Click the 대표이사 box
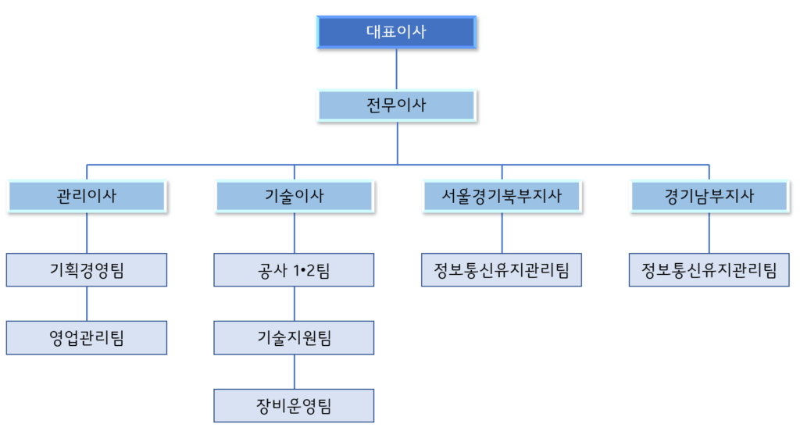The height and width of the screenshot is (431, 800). (x=396, y=32)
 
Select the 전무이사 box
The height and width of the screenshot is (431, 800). (x=396, y=105)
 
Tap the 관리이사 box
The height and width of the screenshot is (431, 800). (x=87, y=196)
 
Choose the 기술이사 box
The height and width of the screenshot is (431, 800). (x=295, y=196)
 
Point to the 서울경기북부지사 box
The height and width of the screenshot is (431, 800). (x=502, y=196)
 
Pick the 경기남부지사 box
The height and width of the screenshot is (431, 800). (x=709, y=196)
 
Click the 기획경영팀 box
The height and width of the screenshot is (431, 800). (x=87, y=270)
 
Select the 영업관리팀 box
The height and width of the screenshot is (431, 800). (x=87, y=337)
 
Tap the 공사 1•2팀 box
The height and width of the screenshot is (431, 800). (x=295, y=270)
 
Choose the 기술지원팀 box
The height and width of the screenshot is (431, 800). (x=295, y=337)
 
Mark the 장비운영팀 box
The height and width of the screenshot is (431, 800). (x=295, y=405)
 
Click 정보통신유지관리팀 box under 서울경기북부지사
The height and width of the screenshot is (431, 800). (x=502, y=270)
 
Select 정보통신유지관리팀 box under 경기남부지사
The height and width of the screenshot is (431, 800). (x=709, y=270)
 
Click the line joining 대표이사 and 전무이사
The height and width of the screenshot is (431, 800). (x=397, y=69)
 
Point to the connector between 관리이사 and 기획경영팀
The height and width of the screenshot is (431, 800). (x=87, y=233)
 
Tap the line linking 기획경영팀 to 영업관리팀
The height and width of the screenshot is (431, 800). (x=87, y=304)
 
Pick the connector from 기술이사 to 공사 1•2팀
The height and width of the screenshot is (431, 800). (x=295, y=233)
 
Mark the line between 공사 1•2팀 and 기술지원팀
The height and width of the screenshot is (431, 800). (x=295, y=304)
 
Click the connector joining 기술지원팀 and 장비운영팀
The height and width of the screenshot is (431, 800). (x=295, y=372)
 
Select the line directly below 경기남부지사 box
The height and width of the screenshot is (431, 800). (x=709, y=233)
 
